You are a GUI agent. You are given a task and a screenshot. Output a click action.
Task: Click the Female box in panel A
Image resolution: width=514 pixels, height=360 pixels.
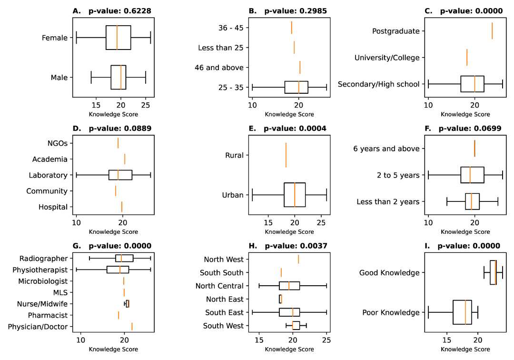118,38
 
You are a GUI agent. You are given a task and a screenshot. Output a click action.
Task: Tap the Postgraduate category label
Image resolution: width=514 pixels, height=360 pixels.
396,31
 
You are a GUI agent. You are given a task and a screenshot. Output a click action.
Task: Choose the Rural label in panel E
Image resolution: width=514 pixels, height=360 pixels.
235,155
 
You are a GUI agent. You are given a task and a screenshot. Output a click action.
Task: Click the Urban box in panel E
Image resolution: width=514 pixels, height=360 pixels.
295,195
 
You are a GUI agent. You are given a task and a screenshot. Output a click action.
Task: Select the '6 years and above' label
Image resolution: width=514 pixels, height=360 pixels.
386,149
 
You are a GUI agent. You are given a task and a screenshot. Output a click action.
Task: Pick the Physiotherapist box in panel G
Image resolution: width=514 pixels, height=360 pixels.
118,270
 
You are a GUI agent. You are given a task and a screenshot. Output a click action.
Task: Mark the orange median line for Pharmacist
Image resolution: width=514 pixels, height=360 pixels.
119,315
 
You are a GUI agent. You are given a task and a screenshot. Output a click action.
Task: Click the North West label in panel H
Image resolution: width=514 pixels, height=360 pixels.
224,260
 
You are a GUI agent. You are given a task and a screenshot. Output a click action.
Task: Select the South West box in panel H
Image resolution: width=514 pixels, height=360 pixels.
296,326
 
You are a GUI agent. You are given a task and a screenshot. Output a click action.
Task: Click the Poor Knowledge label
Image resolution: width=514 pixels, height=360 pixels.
391,313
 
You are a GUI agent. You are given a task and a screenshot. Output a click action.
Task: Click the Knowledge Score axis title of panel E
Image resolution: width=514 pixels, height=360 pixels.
289,232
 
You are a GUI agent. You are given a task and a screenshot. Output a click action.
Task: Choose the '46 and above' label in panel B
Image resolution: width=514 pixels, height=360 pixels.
219,68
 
